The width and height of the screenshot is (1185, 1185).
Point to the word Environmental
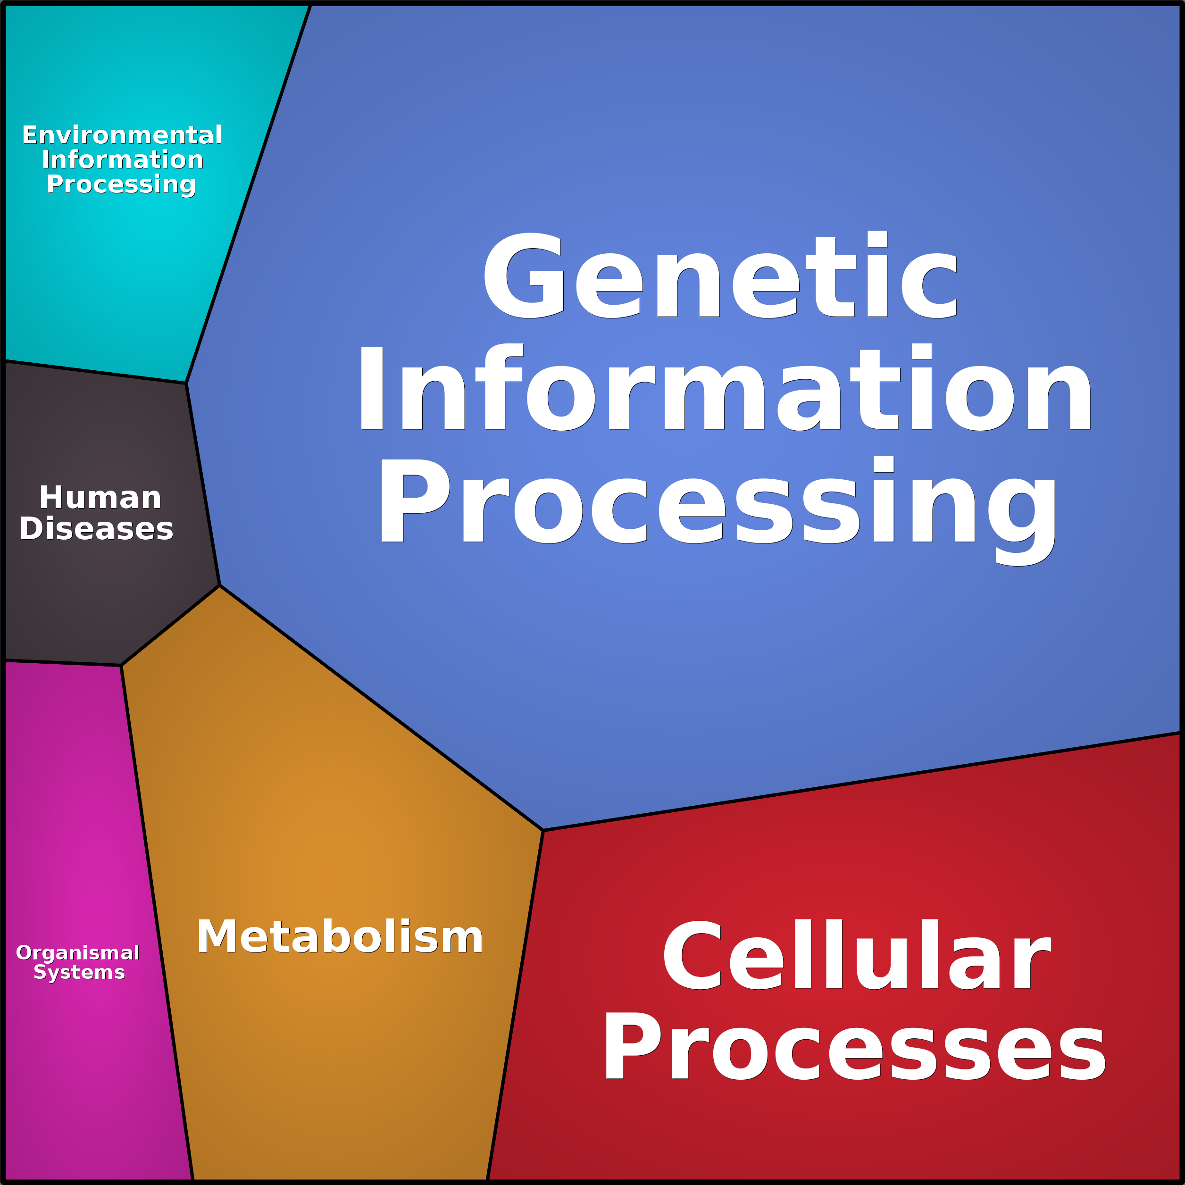pos(122,135)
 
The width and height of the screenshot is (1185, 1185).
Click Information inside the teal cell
pos(122,159)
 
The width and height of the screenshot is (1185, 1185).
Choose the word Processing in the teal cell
pos(121,184)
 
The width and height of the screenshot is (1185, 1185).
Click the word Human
pos(100,497)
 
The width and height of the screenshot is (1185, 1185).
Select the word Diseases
pos(96,529)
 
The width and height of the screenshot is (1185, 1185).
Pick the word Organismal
pos(78,952)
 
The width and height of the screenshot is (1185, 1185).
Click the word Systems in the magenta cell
pos(79,972)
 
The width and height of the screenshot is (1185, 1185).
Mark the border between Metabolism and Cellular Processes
pos(515,1006)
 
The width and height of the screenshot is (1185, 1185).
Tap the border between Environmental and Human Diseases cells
pos(95,372)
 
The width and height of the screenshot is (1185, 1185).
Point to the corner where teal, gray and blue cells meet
pos(186,383)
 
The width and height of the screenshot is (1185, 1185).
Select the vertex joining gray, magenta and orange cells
pos(121,666)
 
